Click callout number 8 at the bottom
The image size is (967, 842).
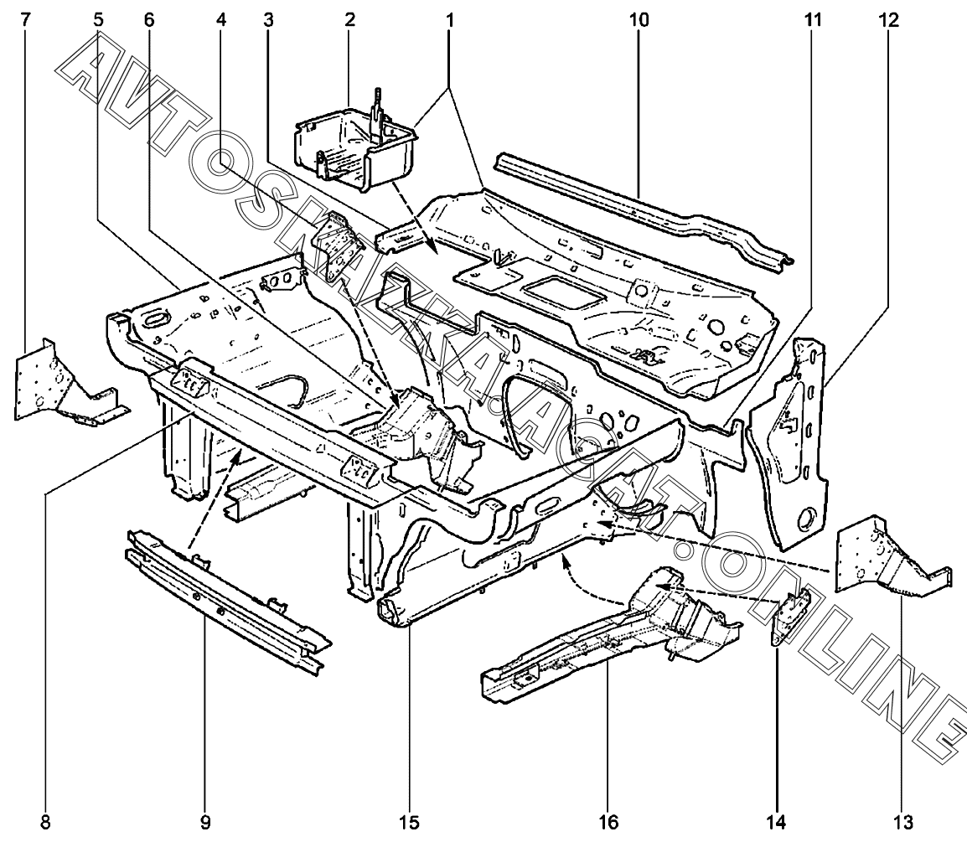[45, 822]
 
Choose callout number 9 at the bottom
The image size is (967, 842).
[205, 822]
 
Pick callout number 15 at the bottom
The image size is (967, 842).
[411, 822]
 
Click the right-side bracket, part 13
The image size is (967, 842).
[884, 557]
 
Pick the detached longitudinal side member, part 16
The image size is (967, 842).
[603, 637]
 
